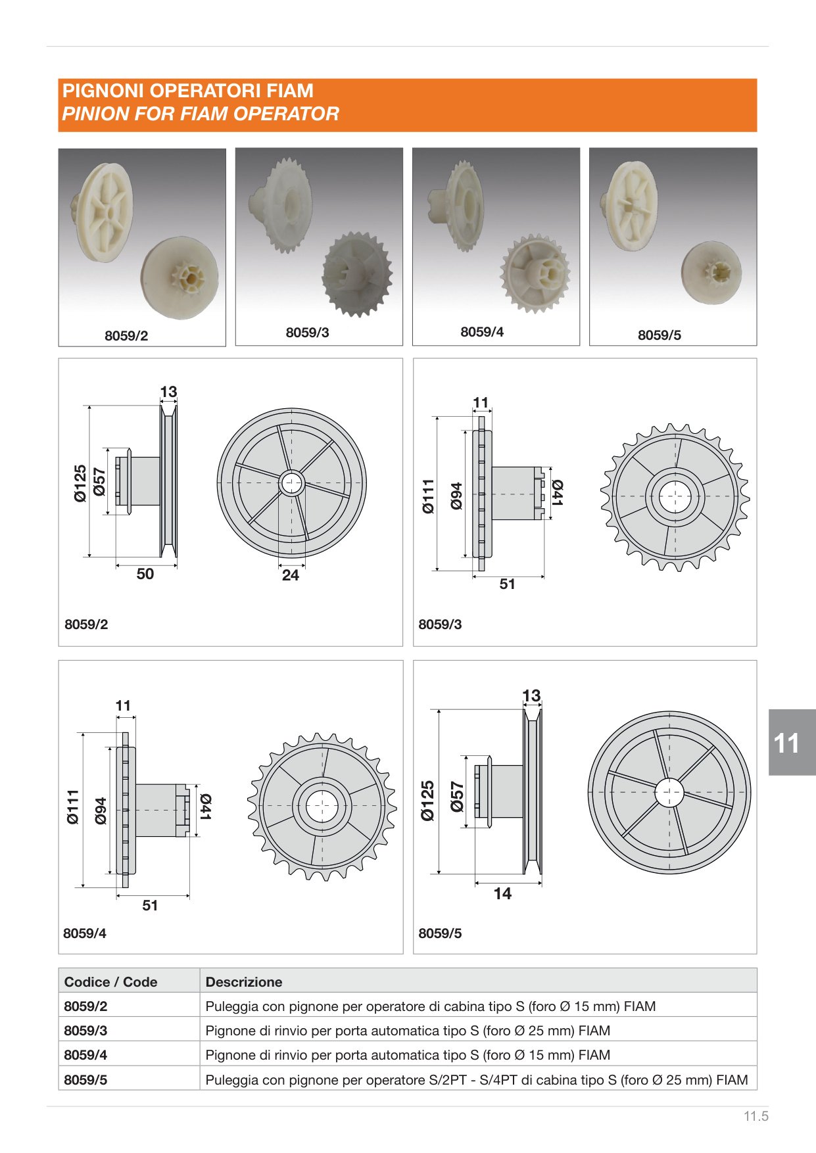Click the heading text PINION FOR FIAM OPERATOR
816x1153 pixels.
201,114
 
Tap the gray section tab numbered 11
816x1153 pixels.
792,743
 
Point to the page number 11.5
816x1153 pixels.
756,1116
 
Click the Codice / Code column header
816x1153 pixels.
110,982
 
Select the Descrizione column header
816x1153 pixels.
244,982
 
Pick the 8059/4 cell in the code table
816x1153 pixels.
85,1055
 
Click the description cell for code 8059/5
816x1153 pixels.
477,1080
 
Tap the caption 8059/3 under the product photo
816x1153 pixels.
307,333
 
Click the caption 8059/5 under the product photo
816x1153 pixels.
660,335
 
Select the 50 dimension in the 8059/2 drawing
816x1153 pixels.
145,574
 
